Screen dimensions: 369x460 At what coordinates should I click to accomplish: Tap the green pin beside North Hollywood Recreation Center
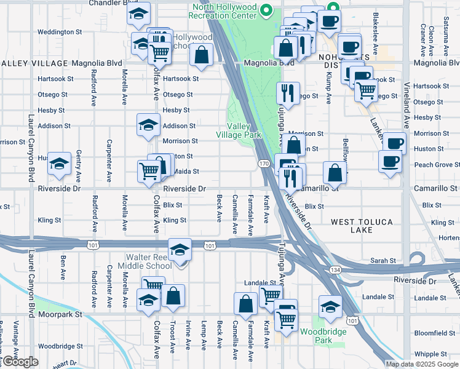[266, 10]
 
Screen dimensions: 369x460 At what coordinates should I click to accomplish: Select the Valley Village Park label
[239, 130]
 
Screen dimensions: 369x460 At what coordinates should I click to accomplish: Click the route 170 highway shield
[264, 164]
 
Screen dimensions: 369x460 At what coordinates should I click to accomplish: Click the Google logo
[20, 362]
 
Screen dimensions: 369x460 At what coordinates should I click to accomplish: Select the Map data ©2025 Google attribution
[422, 364]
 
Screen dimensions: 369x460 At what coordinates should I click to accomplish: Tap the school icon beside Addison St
[148, 125]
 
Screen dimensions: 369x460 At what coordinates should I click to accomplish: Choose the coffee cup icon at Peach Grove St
[390, 162]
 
